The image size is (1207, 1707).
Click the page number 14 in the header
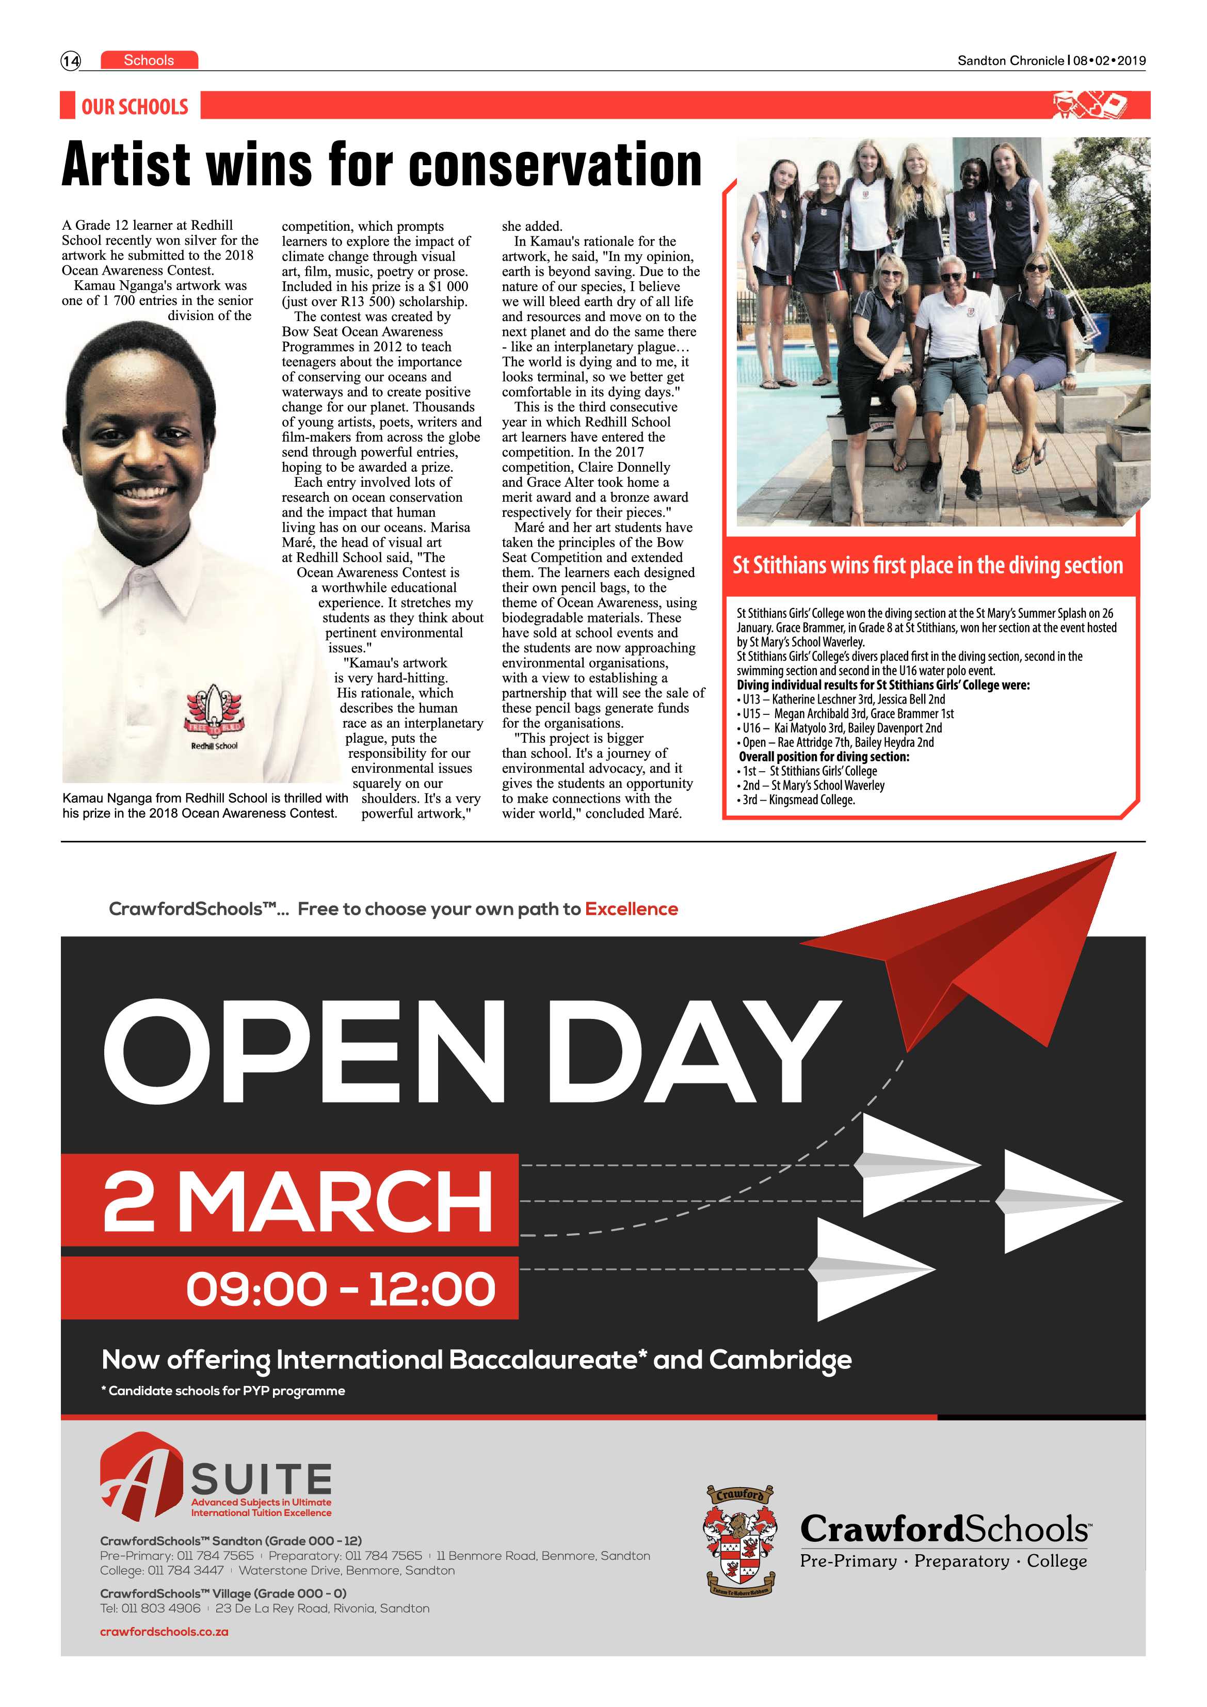coord(71,61)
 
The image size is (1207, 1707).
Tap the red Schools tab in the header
coord(149,60)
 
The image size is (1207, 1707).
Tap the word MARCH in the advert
coord(334,1202)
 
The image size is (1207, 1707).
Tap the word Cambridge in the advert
coord(780,1360)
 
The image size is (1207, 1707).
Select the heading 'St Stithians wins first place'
coord(927,565)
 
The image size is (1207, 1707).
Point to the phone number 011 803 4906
coord(162,1608)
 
